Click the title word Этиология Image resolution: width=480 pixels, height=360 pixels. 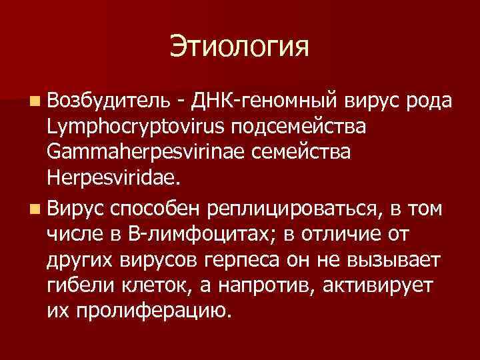[240, 47]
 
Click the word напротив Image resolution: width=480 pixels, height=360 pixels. [269, 285]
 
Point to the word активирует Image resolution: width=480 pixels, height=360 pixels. [378, 285]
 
